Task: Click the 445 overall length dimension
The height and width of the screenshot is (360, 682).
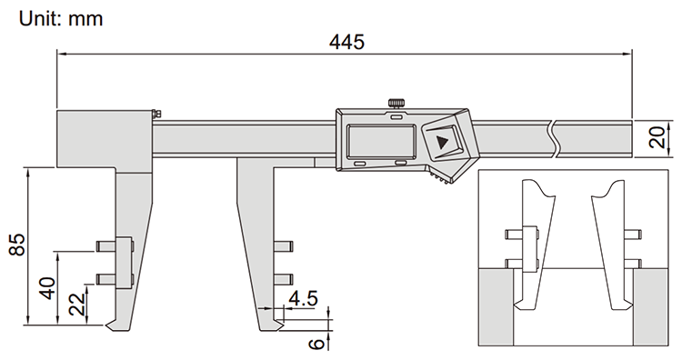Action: tap(346, 42)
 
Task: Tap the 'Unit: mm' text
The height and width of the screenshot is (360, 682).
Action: tap(61, 19)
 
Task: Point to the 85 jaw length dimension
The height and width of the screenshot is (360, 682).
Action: tap(18, 245)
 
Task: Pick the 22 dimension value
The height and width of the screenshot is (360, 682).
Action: tap(77, 304)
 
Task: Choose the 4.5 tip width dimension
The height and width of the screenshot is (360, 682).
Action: tap(303, 298)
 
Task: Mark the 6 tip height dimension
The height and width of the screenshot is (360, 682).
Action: tap(316, 343)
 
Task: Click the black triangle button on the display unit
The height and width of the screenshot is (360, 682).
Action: tap(443, 142)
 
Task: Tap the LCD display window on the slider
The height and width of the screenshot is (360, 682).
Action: tap(381, 141)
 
